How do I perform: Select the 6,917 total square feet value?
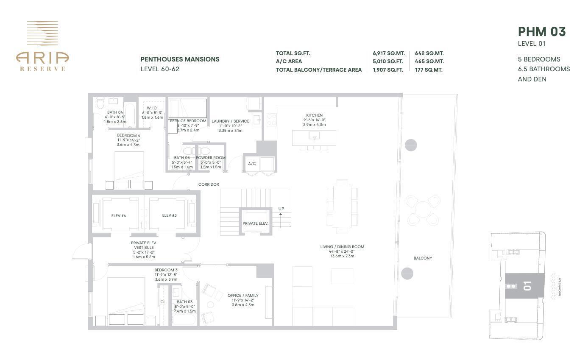point(388,53)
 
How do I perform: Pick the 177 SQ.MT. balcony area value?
point(429,70)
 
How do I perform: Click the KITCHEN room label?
point(314,115)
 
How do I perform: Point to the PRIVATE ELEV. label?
point(255,223)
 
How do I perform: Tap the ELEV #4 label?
point(119,216)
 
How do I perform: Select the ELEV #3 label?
point(169,215)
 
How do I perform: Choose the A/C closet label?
point(252,164)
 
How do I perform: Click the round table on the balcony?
point(423,209)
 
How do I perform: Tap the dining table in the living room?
point(342,207)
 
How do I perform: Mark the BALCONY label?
point(423,258)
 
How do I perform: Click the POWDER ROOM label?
point(211,158)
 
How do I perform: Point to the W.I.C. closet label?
point(152,108)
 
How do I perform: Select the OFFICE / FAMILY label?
point(243,296)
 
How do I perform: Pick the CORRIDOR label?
point(209,184)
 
